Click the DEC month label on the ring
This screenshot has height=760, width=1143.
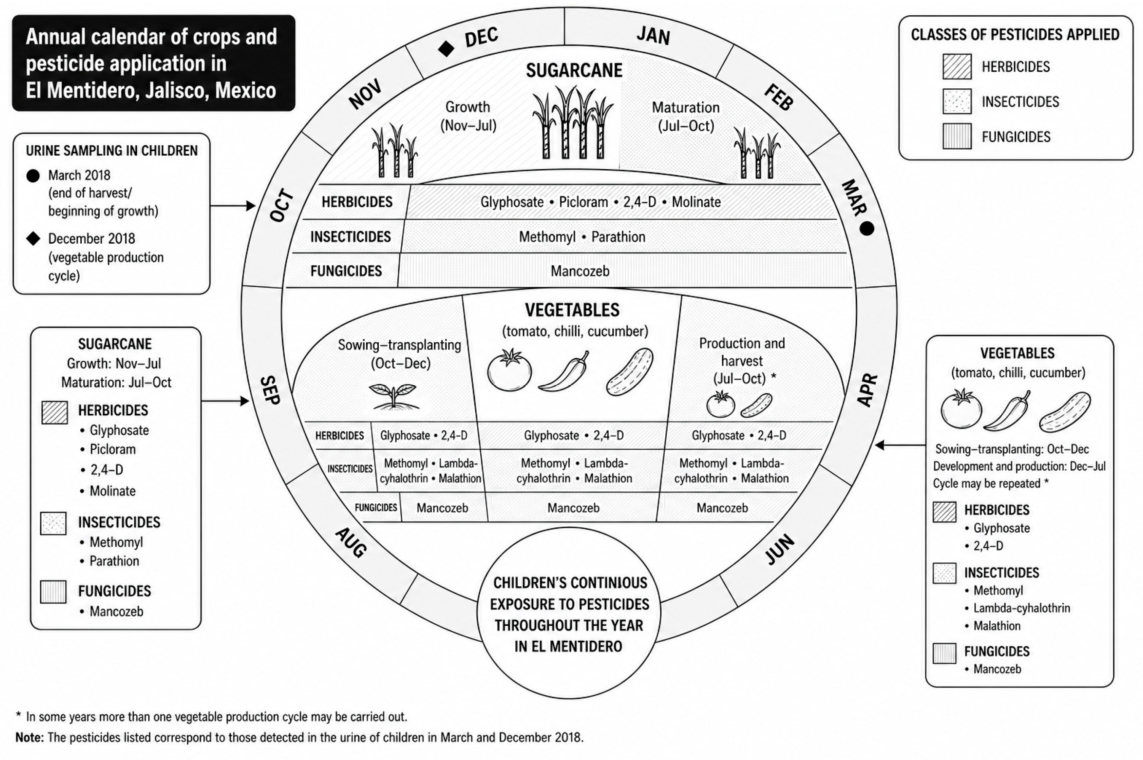tap(481, 37)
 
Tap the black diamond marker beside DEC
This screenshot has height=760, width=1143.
tap(446, 48)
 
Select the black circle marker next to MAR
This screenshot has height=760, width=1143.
tap(867, 228)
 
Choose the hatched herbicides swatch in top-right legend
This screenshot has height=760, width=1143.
tap(957, 66)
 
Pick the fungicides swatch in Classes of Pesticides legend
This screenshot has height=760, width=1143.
tap(957, 136)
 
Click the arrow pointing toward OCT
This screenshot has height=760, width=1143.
tap(233, 206)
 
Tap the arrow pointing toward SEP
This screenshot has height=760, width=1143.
tap(225, 401)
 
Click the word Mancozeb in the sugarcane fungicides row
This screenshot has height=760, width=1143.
tap(580, 271)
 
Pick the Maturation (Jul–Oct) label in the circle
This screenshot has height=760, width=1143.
tap(685, 117)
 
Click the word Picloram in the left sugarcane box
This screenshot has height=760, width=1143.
tap(112, 449)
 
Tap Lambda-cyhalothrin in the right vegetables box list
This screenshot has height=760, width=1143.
tap(1022, 608)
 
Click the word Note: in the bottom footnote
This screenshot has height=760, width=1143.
tap(30, 737)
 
